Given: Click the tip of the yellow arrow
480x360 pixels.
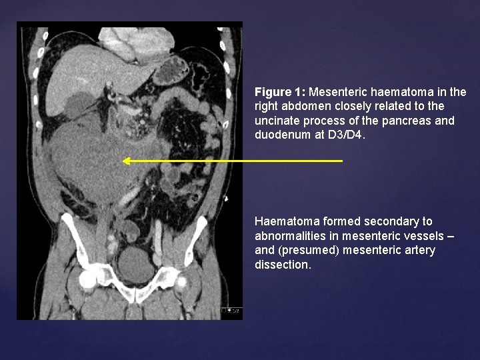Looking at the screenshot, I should tap(124, 161).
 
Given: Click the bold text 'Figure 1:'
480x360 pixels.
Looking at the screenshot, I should tap(280, 92).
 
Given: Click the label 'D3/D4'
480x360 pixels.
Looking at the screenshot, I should tap(346, 135).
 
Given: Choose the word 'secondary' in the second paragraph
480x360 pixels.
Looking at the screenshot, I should tap(380, 221).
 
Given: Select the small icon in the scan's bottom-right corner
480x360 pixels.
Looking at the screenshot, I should tap(233, 310).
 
